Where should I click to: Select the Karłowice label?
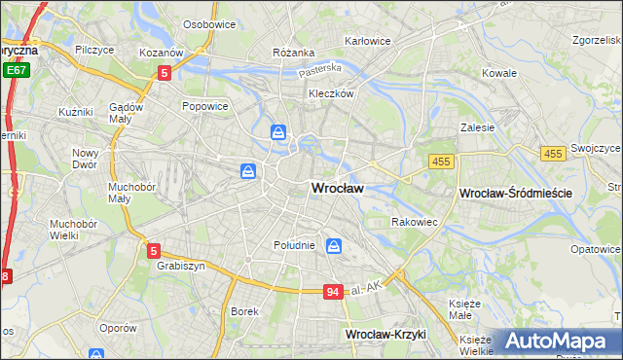[368, 42]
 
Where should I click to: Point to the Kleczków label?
[329, 94]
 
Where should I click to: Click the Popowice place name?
[204, 105]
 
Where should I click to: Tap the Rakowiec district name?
[414, 222]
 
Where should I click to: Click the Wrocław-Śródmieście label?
[514, 195]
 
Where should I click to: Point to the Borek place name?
[243, 311]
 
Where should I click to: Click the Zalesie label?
[478, 126]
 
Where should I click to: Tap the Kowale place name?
[499, 73]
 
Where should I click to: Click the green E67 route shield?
[15, 71]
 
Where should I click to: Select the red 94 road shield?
[333, 292]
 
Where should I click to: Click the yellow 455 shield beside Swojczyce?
[553, 154]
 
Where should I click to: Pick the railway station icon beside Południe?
[334, 246]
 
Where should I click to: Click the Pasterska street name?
[320, 69]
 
